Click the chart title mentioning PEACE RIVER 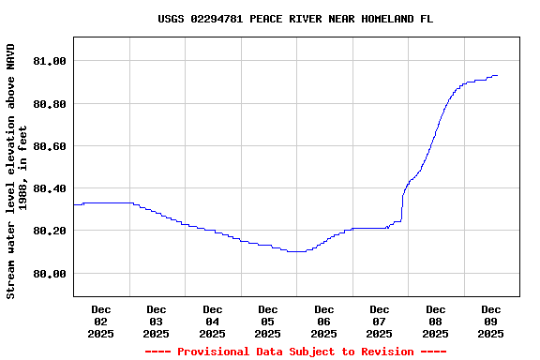point(295,19)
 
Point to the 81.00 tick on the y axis point(50,62)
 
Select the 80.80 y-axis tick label point(50,104)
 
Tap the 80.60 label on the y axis point(50,146)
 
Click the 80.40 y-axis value point(50,188)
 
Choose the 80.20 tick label point(50,231)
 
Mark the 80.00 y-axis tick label point(50,274)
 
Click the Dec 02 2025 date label point(100,321)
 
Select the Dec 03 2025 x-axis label point(157,321)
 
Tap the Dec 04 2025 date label point(212,321)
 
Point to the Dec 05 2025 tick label point(268,321)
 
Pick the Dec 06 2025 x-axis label point(323,321)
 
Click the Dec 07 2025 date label point(380,321)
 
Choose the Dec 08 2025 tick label point(435,321)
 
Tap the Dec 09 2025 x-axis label point(491,321)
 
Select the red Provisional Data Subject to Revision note point(295,352)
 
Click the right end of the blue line point(497,75)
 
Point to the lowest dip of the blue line point(296,251)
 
